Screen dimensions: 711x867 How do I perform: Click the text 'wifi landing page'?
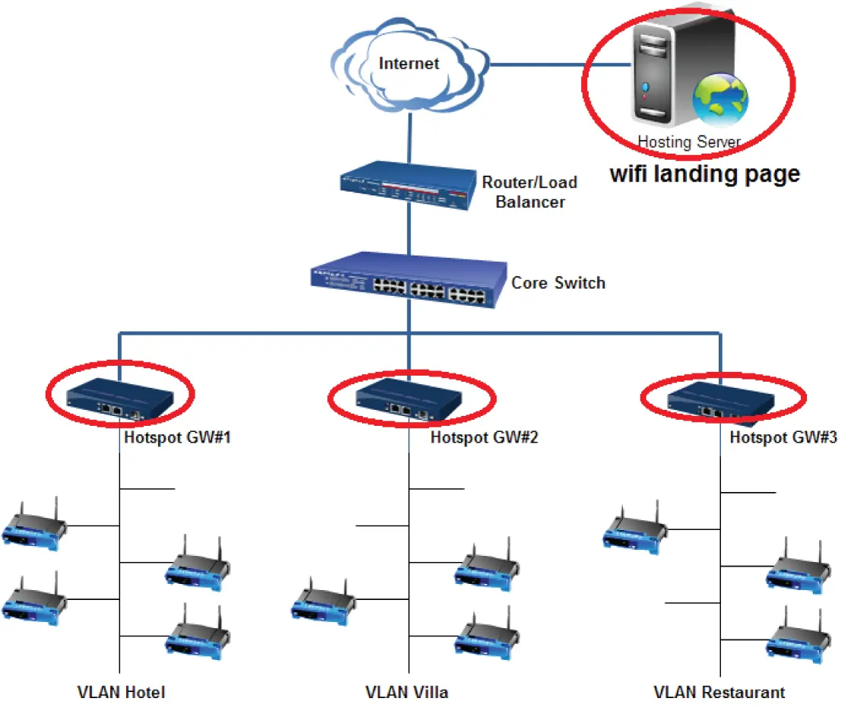point(705,173)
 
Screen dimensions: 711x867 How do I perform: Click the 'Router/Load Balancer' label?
point(530,192)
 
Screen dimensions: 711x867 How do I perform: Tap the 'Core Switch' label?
point(558,283)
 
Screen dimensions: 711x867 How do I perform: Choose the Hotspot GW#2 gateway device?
point(409,399)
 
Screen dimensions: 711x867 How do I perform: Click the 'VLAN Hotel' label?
point(121,692)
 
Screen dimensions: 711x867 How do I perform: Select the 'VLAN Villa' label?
point(407,692)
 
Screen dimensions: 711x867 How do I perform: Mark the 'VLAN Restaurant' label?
point(719,692)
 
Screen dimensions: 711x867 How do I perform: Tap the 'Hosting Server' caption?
point(688,141)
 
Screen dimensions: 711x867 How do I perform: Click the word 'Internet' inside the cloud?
point(409,63)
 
